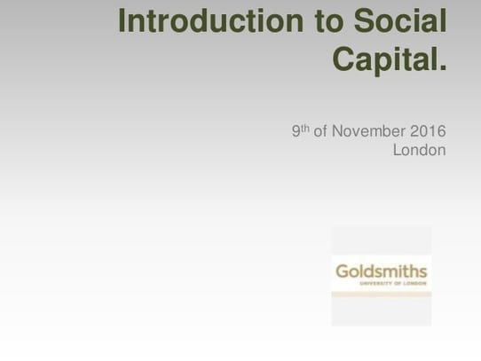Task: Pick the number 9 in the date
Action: [x=296, y=132]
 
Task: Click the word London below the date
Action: [x=419, y=151]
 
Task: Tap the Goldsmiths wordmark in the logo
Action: [x=380, y=271]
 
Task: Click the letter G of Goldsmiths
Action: [x=339, y=271]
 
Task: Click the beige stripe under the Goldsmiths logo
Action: [x=381, y=293]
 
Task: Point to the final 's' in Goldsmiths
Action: [x=423, y=271]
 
